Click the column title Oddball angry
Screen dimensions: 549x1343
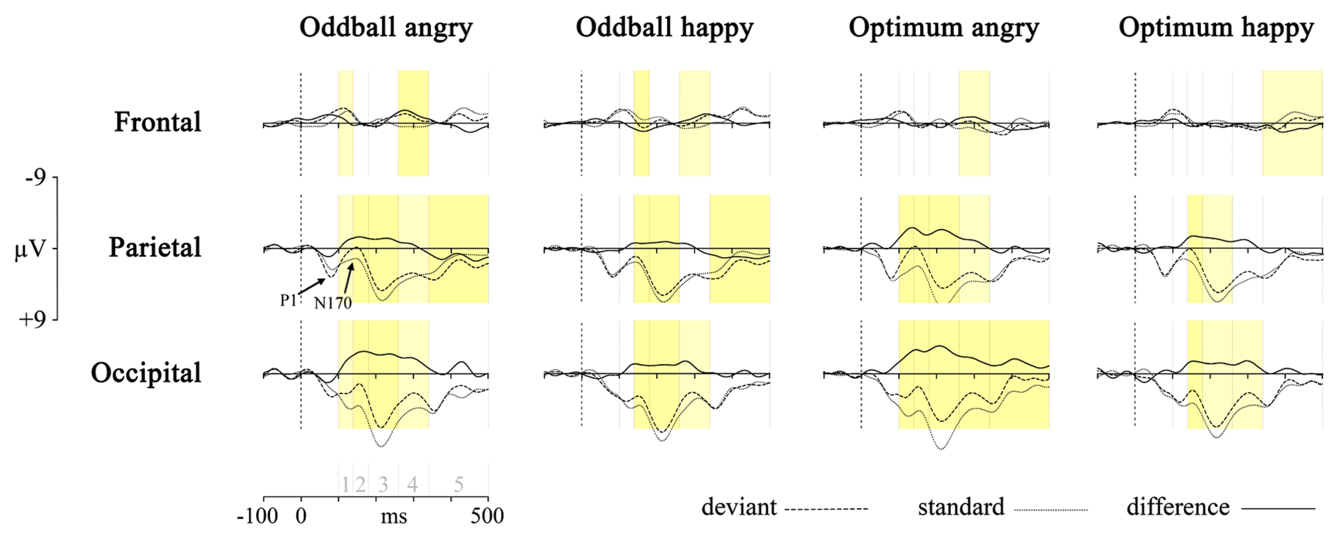point(386,28)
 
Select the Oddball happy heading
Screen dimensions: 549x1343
point(665,28)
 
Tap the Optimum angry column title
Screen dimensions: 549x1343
point(944,28)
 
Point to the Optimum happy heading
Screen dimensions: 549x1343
point(1216,28)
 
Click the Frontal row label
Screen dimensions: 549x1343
point(157,122)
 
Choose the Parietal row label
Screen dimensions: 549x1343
point(155,248)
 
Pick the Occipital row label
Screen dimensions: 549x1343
point(146,373)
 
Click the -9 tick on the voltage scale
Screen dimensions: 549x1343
point(35,177)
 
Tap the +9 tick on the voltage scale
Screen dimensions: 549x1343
point(32,320)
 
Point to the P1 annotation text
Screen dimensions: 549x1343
point(288,300)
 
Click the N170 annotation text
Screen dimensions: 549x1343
point(333,304)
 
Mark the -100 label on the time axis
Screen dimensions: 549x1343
point(257,517)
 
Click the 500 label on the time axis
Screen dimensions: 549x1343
point(487,517)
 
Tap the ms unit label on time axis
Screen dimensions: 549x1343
point(394,517)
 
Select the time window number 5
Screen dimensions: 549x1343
point(458,485)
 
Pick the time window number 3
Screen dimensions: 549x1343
point(382,485)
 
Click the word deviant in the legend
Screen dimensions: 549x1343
point(739,508)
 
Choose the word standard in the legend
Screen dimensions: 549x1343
point(961,508)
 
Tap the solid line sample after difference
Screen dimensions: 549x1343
point(1279,508)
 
